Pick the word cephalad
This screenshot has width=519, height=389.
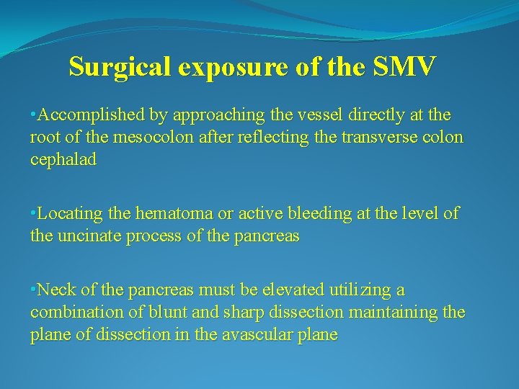pyautogui.click(x=63, y=159)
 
